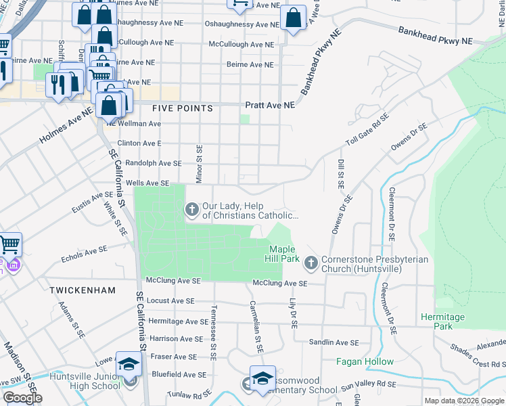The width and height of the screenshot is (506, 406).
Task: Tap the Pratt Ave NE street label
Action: pos(270,106)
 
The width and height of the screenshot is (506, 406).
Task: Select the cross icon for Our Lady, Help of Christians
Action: pos(191,210)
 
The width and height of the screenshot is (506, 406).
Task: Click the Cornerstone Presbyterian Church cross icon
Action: pos(310,261)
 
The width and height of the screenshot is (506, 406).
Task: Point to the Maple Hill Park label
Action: pos(280,254)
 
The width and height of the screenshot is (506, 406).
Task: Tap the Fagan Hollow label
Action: pos(365,361)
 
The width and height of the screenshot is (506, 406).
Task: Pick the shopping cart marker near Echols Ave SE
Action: pos(9,244)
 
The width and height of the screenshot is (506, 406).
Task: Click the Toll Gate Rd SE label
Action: pos(369,133)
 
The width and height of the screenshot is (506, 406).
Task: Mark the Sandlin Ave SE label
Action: pos(333,343)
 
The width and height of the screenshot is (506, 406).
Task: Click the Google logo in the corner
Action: pos(22,398)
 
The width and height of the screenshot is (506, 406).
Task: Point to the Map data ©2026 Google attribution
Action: pos(463,401)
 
